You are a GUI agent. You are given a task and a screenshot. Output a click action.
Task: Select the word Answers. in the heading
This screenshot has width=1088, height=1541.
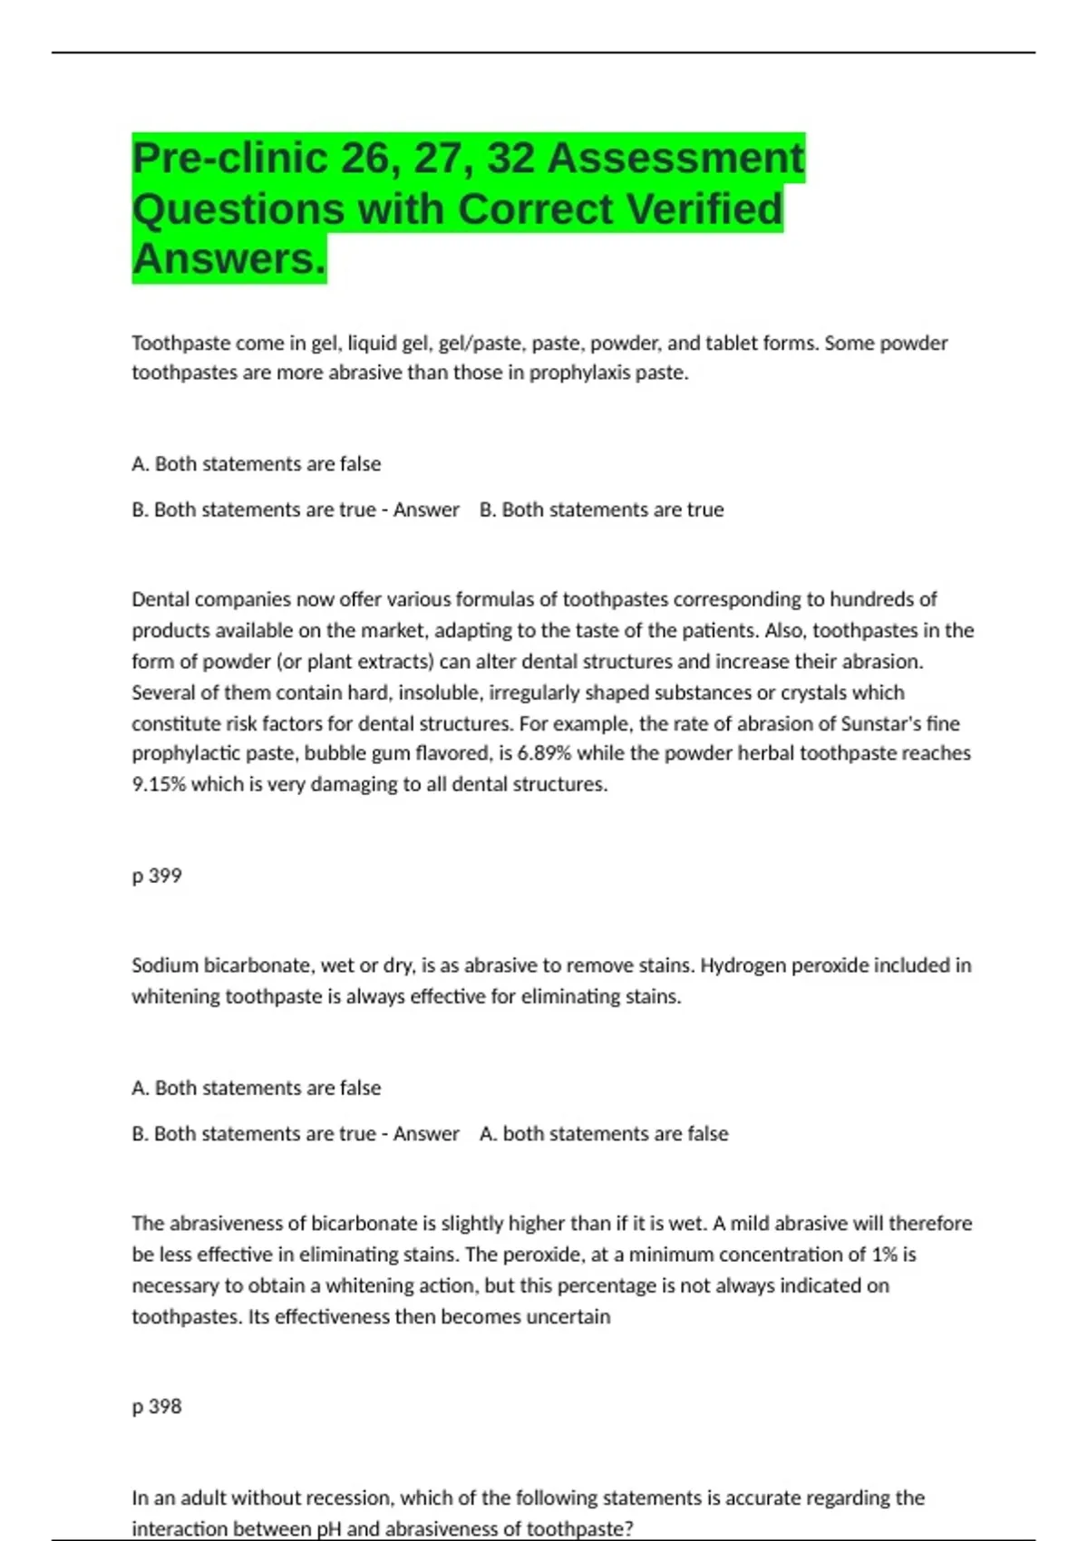point(228,259)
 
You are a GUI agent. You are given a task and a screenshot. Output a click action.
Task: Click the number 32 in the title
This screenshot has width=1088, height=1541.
point(510,159)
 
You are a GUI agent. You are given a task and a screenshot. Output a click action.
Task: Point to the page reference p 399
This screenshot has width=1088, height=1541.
point(157,876)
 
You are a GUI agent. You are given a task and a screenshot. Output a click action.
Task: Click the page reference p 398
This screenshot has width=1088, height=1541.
point(157,1406)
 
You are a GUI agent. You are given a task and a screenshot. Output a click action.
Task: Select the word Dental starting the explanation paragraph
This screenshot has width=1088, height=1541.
point(160,599)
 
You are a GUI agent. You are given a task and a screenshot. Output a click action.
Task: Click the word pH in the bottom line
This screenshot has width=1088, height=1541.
point(329,1529)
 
